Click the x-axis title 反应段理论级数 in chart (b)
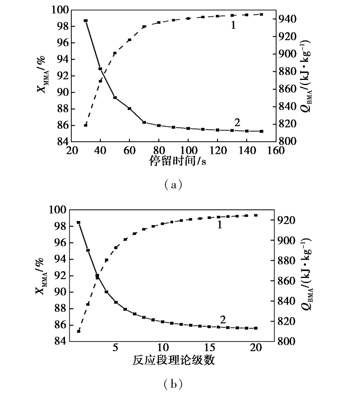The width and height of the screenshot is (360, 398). pyautogui.click(x=174, y=360)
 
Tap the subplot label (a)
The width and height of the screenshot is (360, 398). pyautogui.click(x=173, y=185)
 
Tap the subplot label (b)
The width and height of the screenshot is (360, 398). pyautogui.click(x=173, y=384)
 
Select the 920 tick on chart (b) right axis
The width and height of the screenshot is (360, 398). pyautogui.click(x=286, y=220)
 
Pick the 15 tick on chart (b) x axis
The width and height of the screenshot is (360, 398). pyautogui.click(x=210, y=347)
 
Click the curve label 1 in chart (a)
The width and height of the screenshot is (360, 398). pyautogui.click(x=233, y=25)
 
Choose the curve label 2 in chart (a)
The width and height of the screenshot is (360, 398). pyautogui.click(x=237, y=122)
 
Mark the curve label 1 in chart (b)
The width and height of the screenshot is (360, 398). pyautogui.click(x=220, y=224)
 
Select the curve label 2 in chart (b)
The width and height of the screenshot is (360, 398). pyautogui.click(x=223, y=320)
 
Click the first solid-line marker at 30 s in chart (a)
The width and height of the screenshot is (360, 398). pyautogui.click(x=86, y=21)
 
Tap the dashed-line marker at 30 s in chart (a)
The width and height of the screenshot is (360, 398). pyautogui.click(x=85, y=125)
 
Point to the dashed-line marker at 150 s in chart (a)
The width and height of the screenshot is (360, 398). pyautogui.click(x=262, y=15)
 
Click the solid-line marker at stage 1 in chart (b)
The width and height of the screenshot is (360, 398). pyautogui.click(x=79, y=222)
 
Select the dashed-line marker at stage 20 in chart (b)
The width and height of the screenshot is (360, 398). pyautogui.click(x=256, y=215)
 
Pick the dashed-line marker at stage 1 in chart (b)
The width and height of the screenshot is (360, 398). pyautogui.click(x=79, y=331)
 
